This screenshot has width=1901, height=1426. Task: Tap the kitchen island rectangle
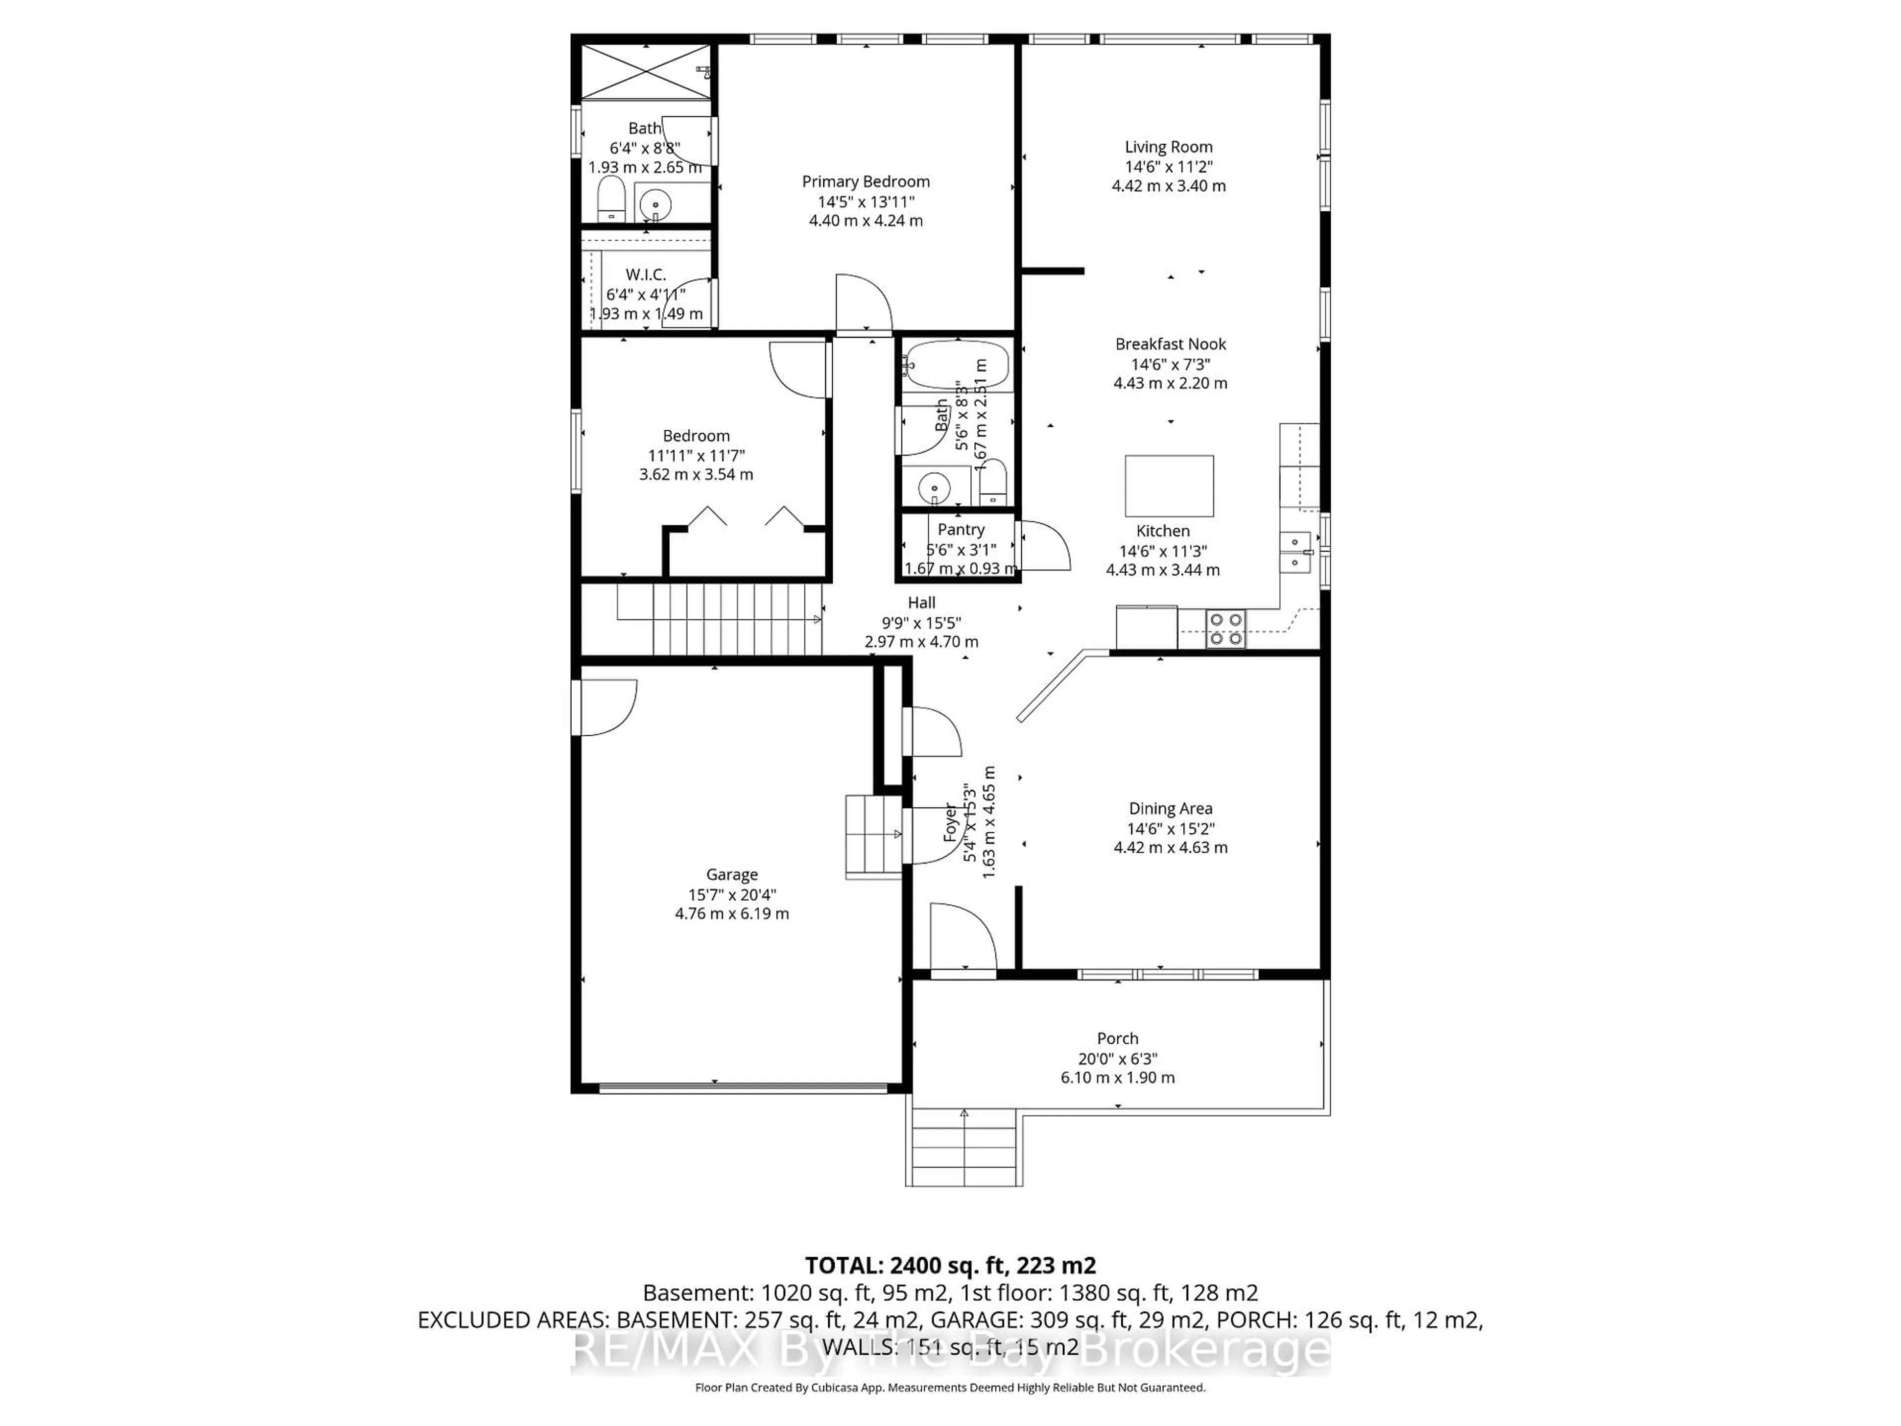tap(1169, 486)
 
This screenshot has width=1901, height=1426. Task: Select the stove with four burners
tap(1225, 628)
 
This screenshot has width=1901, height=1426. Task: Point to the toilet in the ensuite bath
tap(611, 200)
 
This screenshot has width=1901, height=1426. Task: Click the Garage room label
tap(731, 874)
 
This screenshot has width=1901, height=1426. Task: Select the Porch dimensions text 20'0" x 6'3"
tap(1117, 1059)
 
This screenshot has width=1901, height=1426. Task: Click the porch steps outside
tap(963, 1148)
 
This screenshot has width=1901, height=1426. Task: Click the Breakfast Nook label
tap(1170, 344)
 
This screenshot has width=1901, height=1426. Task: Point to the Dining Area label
tap(1170, 809)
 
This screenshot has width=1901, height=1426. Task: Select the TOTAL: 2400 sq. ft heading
tap(950, 1265)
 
